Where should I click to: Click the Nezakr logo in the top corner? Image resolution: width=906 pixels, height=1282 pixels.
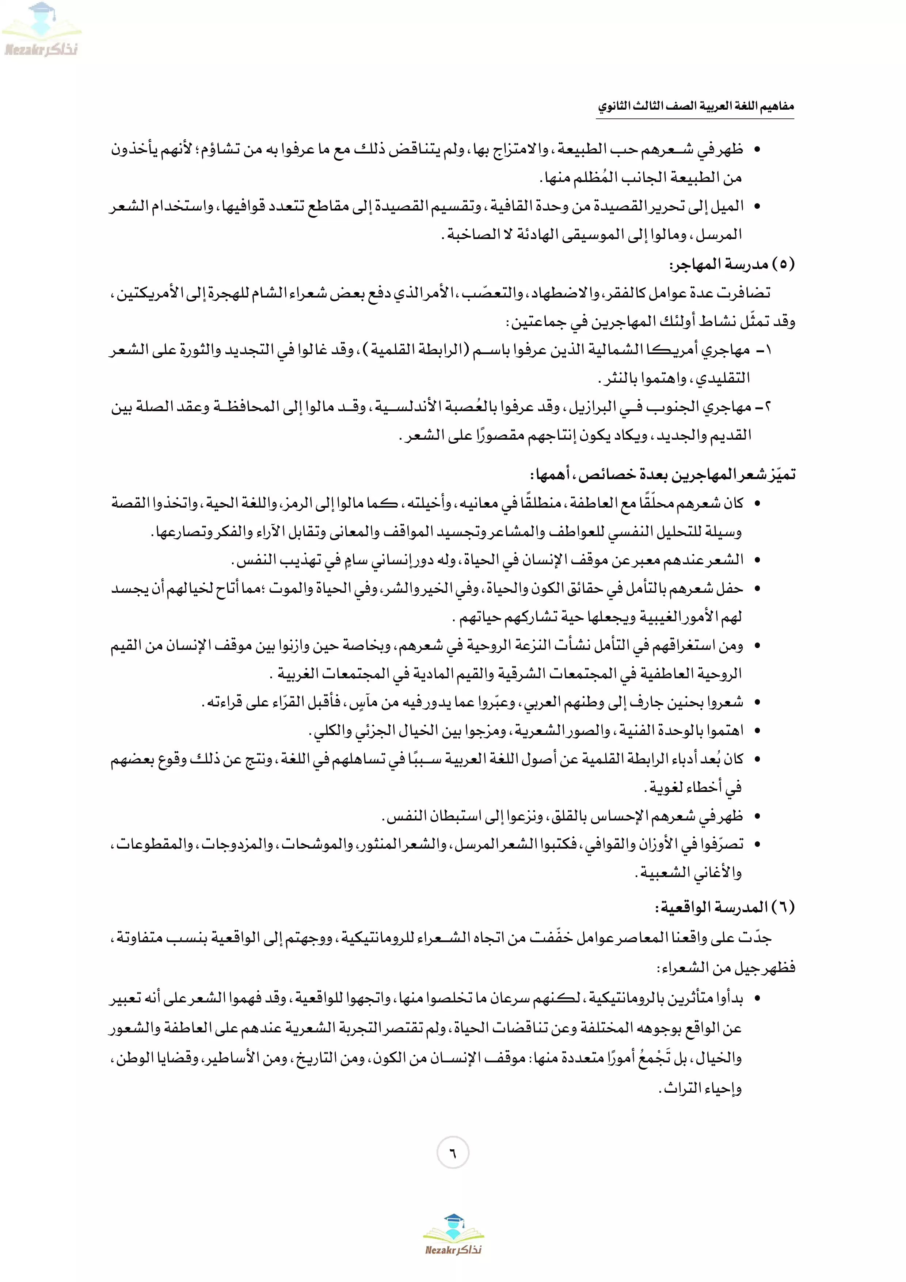point(41,31)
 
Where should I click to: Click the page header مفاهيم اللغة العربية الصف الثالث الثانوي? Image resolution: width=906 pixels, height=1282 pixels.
point(696,106)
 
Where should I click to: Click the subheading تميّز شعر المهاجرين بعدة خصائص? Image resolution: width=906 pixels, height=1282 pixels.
point(663,475)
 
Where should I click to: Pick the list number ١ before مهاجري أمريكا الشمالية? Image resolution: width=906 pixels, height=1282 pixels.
point(768,350)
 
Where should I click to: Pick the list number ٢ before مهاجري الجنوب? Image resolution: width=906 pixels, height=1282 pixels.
point(768,407)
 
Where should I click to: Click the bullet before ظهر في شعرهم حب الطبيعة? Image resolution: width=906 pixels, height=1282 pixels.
point(757,149)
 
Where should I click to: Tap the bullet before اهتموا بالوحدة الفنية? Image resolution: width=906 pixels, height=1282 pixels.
point(757,730)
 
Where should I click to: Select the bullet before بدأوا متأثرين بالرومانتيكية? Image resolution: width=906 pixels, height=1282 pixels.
point(757,998)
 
